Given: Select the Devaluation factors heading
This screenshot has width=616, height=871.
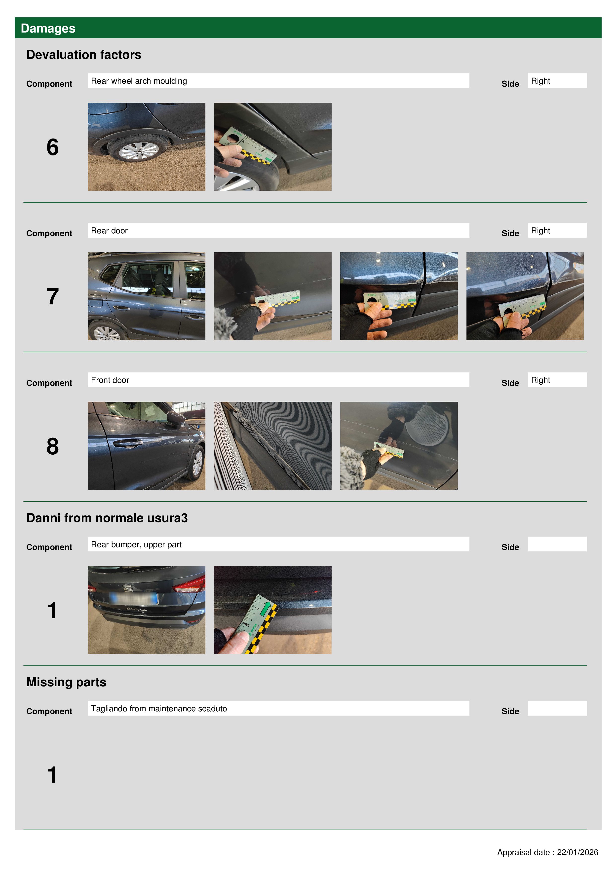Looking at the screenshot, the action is tap(84, 55).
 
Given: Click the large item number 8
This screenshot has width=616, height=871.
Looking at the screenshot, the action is tap(53, 446).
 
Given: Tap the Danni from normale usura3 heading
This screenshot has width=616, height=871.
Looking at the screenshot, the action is tap(107, 518).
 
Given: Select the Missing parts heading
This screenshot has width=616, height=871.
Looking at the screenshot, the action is tap(66, 682).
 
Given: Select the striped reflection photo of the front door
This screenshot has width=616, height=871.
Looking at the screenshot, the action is tap(272, 446).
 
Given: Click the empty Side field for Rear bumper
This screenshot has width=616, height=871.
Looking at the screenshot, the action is tap(557, 544).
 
